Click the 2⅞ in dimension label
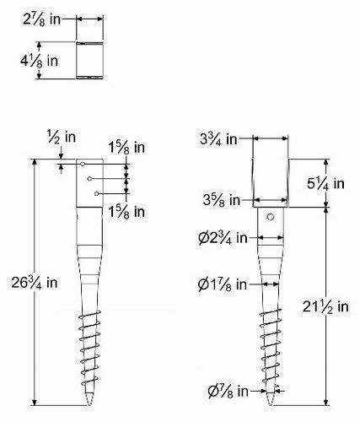click(47, 17)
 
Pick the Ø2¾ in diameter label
click(221, 238)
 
